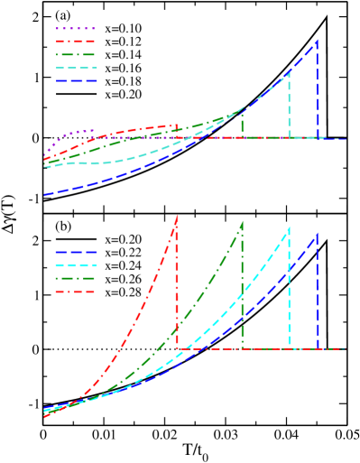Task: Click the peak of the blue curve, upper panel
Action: [x=317, y=41]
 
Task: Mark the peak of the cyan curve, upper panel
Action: [x=289, y=70]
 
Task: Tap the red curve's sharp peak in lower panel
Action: [x=177, y=215]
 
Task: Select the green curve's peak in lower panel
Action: [x=242, y=221]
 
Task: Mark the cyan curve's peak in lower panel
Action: [x=289, y=227]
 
